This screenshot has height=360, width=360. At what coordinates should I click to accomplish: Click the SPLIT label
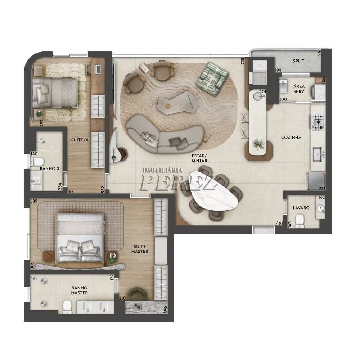point(298,61)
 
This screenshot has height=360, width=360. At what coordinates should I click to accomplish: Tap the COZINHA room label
point(291,137)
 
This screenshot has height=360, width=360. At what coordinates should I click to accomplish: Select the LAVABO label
point(301,208)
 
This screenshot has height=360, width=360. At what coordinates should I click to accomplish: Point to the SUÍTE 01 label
point(80,140)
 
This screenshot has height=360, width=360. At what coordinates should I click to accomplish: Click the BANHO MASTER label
point(80,290)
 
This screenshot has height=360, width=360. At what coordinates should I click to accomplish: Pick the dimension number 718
point(243,61)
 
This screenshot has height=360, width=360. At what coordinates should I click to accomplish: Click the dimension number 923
point(322,189)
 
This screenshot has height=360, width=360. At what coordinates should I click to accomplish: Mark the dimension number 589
point(34,201)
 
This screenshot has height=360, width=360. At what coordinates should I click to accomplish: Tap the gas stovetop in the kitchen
point(318,122)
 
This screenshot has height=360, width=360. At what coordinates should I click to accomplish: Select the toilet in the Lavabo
point(300,221)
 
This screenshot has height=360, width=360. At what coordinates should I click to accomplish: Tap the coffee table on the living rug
point(178,103)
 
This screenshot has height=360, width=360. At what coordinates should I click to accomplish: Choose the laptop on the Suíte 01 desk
point(98,69)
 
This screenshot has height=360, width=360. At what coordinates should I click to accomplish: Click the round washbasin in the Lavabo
point(320,208)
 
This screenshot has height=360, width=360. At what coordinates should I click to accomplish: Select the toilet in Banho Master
point(67,307)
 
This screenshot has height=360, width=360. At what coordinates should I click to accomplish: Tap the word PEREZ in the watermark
point(178,183)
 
